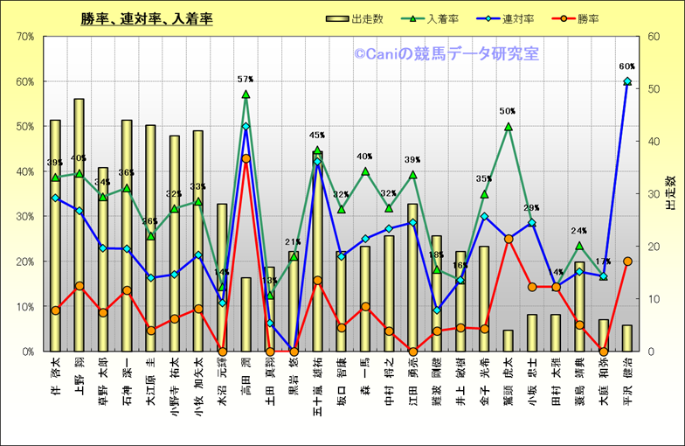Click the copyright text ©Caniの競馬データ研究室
point(446,54)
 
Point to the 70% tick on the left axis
point(24,37)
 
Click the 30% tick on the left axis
point(24,216)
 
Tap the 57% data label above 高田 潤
point(246,80)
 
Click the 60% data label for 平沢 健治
point(626,66)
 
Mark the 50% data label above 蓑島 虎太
point(508,111)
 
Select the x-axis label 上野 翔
point(80,376)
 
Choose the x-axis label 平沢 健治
point(626,377)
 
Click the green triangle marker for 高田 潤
point(246,94)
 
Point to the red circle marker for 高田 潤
point(246,158)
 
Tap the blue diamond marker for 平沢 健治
point(626,81)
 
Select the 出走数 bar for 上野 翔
point(80,227)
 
